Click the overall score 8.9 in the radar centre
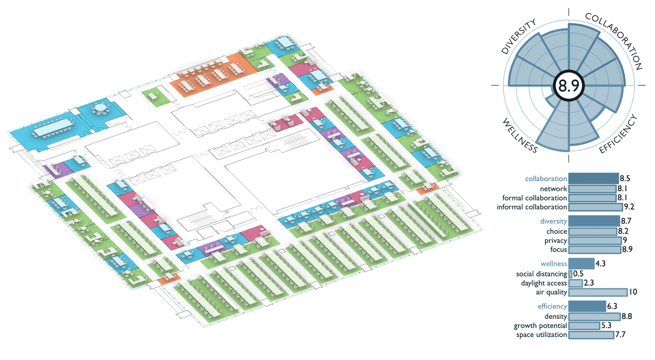pyautogui.click(x=569, y=86)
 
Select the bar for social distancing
pyautogui.click(x=570, y=274)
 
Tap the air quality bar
pyautogui.click(x=598, y=292)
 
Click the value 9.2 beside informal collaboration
pyautogui.click(x=629, y=207)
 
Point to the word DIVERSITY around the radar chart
pyautogui.click(x=518, y=36)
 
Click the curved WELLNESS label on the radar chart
pyautogui.click(x=519, y=135)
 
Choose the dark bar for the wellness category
pyautogui.click(x=581, y=263)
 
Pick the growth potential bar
pyautogui.click(x=584, y=326)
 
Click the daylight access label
pyautogui.click(x=544, y=283)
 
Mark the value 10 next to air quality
pyautogui.click(x=633, y=292)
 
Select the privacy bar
pyautogui.click(x=595, y=241)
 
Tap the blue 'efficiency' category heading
pyautogui.click(x=552, y=306)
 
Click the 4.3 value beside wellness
pyautogui.click(x=600, y=264)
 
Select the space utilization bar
pyautogui.click(x=591, y=335)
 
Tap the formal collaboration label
pyautogui.click(x=534, y=198)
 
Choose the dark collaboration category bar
pyautogui.click(x=594, y=178)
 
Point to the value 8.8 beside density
pyautogui.click(x=627, y=317)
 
